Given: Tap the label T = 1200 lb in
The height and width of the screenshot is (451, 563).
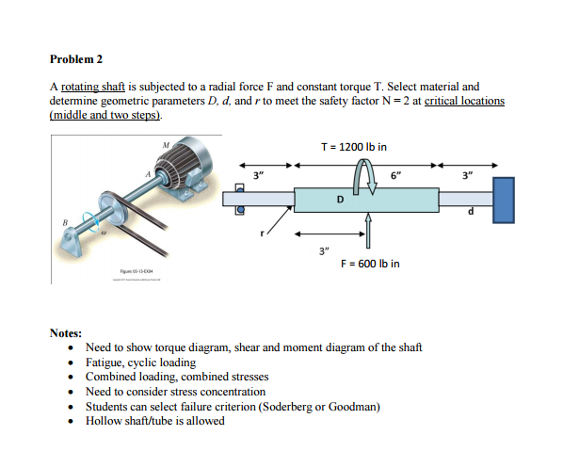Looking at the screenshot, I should (x=353, y=146).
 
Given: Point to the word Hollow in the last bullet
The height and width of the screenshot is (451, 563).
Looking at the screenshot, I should (x=103, y=421).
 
